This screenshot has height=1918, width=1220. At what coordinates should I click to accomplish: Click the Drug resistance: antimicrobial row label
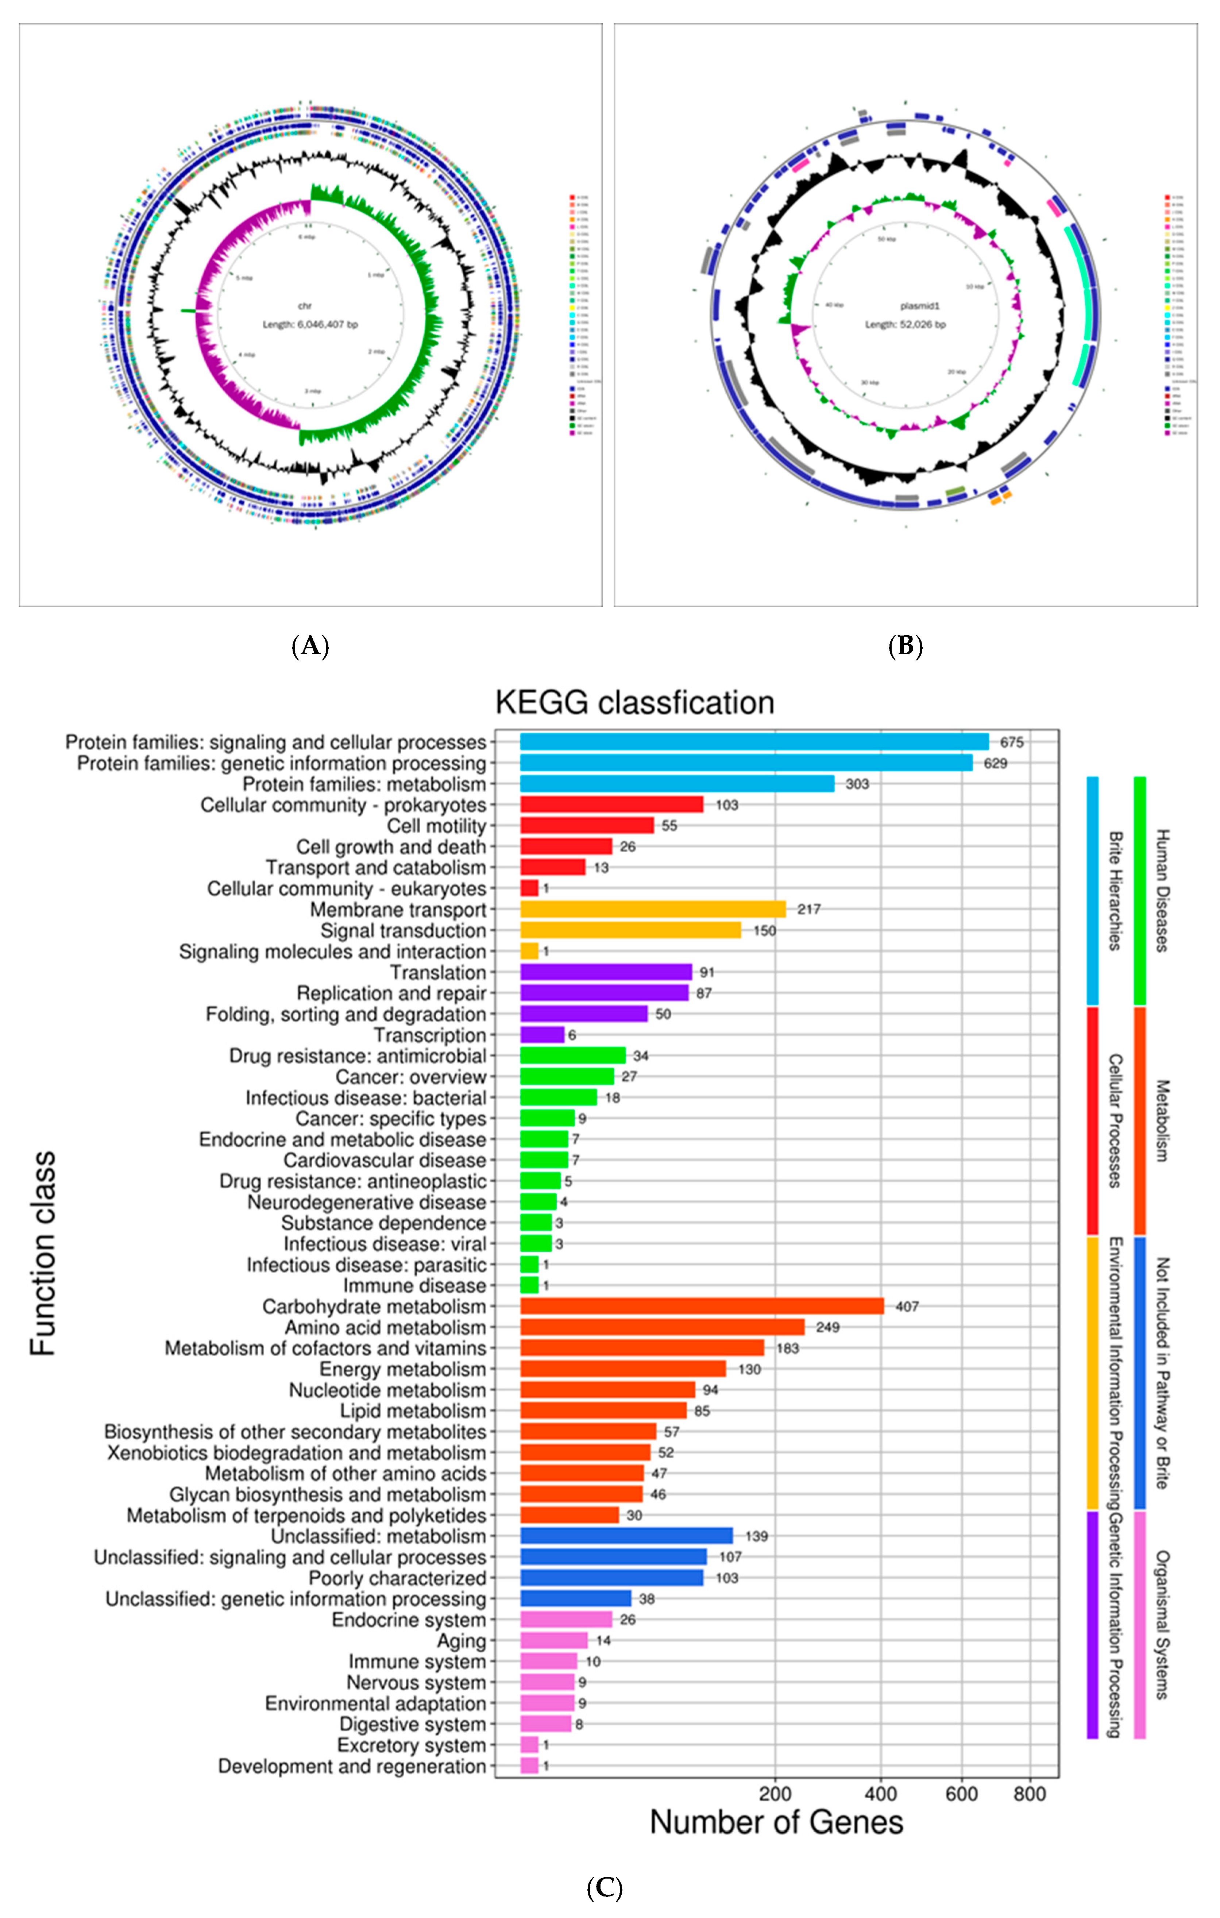(358, 1056)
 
